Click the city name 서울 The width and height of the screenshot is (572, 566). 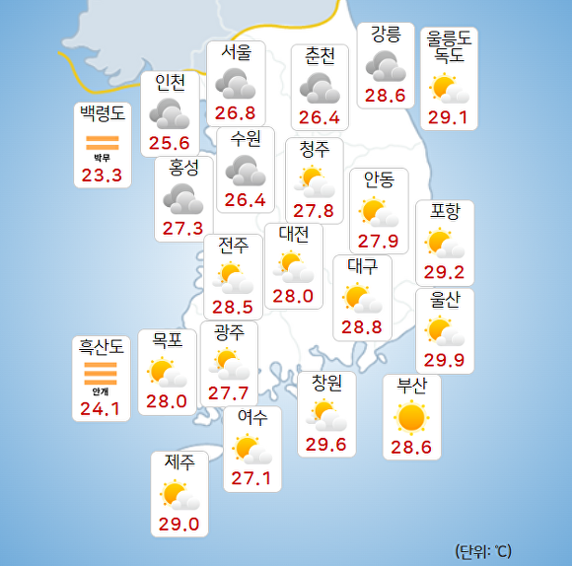(236, 52)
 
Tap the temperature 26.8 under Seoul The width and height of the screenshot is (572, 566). (236, 112)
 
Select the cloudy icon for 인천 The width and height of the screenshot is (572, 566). (170, 113)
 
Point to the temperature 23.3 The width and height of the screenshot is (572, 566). (102, 176)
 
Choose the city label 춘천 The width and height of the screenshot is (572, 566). (321, 56)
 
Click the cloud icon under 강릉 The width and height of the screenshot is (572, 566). (386, 67)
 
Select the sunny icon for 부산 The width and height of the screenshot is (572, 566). (411, 418)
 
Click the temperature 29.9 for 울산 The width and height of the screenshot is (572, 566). (444, 361)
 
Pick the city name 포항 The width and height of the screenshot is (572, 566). (445, 211)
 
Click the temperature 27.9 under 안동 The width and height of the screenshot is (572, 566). (378, 242)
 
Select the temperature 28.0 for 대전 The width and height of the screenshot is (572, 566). (293, 295)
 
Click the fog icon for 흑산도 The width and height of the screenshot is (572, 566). (102, 374)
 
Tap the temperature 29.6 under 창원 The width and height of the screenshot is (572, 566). (326, 444)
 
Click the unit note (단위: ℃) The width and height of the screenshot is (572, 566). (483, 550)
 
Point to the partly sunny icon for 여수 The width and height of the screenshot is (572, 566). (251, 451)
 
